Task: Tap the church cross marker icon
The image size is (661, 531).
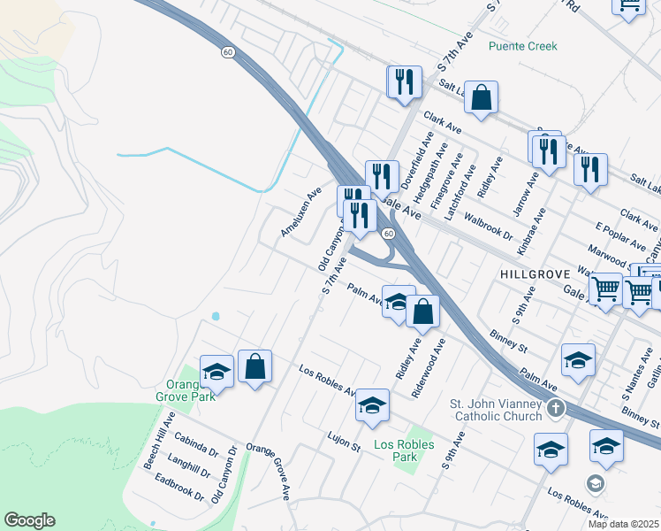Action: coord(555,408)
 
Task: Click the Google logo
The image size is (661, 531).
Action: coord(29,520)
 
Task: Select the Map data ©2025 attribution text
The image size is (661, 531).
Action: coord(624,524)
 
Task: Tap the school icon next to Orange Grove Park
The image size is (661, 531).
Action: coord(217,372)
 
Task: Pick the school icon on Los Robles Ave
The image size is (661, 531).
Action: coord(373,405)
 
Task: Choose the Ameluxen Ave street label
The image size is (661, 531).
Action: coord(300,212)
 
